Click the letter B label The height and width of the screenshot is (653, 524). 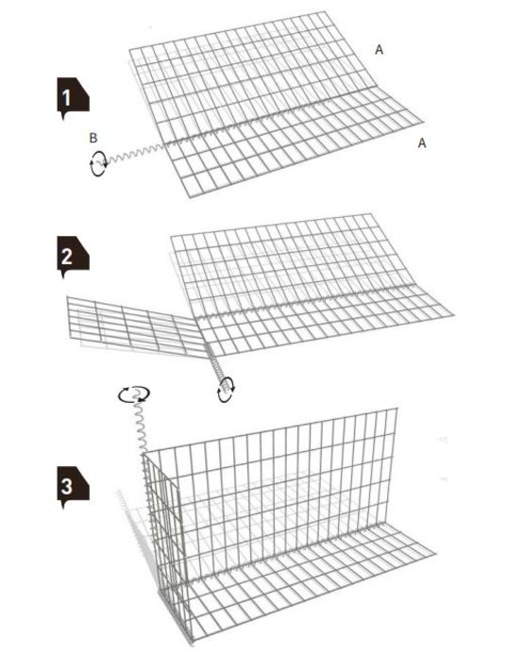point(93,139)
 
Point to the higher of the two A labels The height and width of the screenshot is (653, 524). point(380,50)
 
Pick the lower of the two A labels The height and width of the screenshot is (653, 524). point(422,142)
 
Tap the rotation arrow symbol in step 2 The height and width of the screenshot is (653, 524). point(226,389)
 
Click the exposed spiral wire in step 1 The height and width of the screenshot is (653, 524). point(132,154)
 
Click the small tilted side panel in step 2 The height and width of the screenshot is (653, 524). point(132,326)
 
